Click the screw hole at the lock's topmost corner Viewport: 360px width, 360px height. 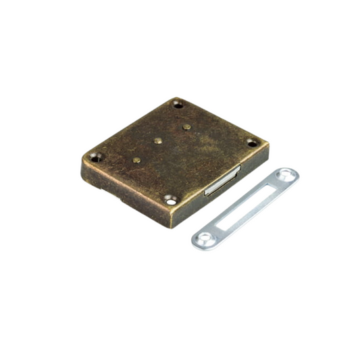pyautogui.click(x=178, y=105)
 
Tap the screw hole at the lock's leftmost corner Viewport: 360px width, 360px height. pyautogui.click(x=94, y=157)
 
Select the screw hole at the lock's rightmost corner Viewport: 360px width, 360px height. pyautogui.click(x=252, y=143)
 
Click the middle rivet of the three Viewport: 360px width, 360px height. pyautogui.click(x=157, y=141)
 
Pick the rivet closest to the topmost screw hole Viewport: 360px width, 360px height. pyautogui.click(x=186, y=126)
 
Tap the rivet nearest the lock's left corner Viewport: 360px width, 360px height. pyautogui.click(x=136, y=160)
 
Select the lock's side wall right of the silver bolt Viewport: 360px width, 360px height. pyautogui.click(x=253, y=161)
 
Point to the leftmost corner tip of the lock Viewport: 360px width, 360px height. pyautogui.click(x=82, y=158)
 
